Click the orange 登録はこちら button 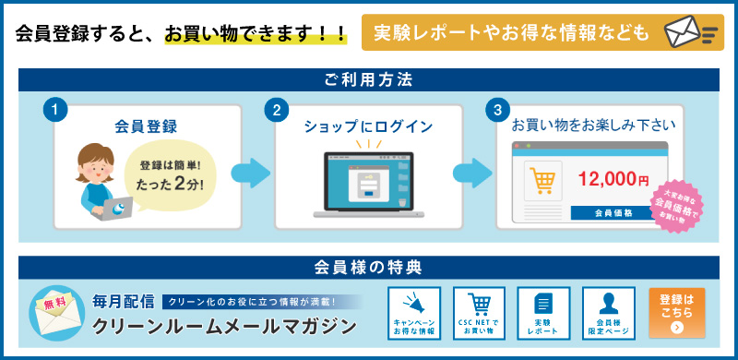(x=677, y=313)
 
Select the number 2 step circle (x=276, y=110)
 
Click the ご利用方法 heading (x=368, y=80)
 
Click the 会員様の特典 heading (x=368, y=269)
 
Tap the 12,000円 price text (x=613, y=180)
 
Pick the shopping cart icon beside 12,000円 (x=542, y=181)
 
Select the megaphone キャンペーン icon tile (x=414, y=313)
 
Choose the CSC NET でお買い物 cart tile (x=479, y=313)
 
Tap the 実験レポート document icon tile (x=543, y=313)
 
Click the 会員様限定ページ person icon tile (x=608, y=313)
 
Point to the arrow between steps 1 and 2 (x=249, y=173)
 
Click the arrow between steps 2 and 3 (x=471, y=173)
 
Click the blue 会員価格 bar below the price (x=613, y=212)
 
